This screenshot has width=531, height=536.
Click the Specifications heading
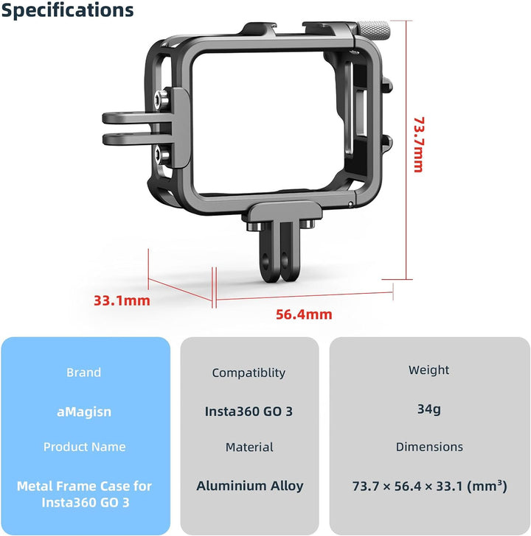coord(67,10)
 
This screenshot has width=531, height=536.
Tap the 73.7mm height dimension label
coord(418,144)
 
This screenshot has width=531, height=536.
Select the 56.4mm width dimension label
coord(304,314)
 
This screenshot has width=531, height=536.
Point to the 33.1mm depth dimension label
coord(122,300)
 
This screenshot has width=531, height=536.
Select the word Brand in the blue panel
coord(84,373)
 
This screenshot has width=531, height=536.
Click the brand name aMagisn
coord(84,412)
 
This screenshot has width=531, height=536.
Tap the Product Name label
coord(84,447)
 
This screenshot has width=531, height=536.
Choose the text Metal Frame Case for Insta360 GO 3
coord(84,494)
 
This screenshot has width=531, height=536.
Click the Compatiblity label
coord(249,373)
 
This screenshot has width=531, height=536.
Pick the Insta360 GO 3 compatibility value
coord(249,412)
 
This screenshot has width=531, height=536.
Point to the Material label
coord(249,447)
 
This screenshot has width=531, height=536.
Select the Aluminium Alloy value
coord(249,486)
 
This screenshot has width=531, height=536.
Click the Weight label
coord(428,370)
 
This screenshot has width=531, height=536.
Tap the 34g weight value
coord(428,409)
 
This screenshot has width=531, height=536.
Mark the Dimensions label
coord(429,447)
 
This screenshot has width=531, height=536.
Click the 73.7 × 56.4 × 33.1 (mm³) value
coord(428,486)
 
